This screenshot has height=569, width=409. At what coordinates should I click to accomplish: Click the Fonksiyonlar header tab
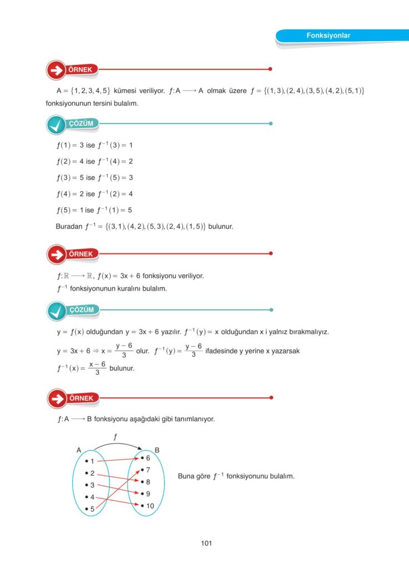click(x=328, y=36)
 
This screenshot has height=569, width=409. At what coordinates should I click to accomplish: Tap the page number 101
click(x=206, y=543)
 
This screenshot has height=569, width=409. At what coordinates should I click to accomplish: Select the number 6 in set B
click(x=148, y=458)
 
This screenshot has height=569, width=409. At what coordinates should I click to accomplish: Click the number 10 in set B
click(x=150, y=506)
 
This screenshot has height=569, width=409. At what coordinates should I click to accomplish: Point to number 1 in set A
click(x=92, y=461)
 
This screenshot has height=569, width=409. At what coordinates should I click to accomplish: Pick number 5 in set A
click(x=92, y=508)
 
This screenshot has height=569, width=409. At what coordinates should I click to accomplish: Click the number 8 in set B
click(x=148, y=482)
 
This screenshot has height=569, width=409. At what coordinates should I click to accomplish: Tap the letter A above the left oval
click(x=79, y=450)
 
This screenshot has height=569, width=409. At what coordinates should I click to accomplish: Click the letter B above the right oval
click(x=157, y=450)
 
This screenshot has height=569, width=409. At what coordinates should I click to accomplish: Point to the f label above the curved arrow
click(x=115, y=437)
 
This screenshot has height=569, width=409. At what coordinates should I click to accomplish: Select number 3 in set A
click(x=92, y=485)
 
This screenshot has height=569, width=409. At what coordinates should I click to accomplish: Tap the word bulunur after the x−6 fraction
click(x=122, y=368)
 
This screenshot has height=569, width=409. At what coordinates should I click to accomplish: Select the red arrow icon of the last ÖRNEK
click(x=56, y=398)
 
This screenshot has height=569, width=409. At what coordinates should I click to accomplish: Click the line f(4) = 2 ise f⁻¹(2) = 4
click(x=94, y=194)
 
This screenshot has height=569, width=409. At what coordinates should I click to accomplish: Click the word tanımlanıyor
click(x=191, y=419)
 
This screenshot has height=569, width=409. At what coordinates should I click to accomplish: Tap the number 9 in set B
click(x=148, y=493)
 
